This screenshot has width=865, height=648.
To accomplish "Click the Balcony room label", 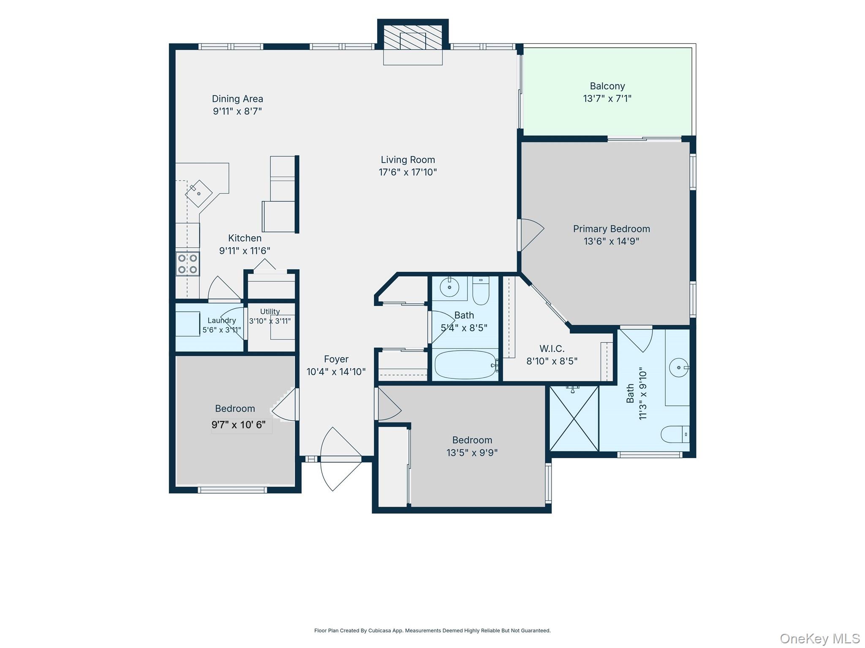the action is coord(607,86).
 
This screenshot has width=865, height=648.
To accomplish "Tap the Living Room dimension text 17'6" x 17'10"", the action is coord(408,172).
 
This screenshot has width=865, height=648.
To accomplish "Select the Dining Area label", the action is coord(237,99).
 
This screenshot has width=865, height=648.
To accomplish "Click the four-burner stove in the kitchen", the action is coord(188,264).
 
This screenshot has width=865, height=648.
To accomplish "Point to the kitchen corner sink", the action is coord(199,193).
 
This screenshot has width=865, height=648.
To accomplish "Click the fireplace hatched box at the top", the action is coord(413,37).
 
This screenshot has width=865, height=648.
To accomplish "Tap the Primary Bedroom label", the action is coord(611,229).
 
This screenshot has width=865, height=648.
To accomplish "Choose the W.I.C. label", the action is coord(552,349).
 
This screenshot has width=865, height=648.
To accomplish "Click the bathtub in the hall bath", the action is coord(465,365).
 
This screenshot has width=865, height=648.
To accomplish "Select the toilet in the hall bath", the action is coord(481,290).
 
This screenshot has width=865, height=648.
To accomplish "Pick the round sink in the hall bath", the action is coord(449,288).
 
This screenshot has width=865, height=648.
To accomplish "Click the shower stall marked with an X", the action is coord(574,418).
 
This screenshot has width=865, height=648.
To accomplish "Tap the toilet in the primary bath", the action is coord(675,434).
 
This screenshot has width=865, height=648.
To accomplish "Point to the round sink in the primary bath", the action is coord(679,367).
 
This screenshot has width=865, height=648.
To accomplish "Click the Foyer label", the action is coord(336,359).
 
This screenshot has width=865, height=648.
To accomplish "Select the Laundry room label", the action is coord(222,321).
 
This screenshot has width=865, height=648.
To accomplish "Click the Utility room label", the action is coord(270,312).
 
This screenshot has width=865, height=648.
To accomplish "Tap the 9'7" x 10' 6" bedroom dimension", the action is coord(239,425).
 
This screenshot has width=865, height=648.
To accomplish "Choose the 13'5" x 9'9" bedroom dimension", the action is coord(472,453).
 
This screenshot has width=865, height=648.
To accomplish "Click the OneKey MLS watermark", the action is coord(820,638).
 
